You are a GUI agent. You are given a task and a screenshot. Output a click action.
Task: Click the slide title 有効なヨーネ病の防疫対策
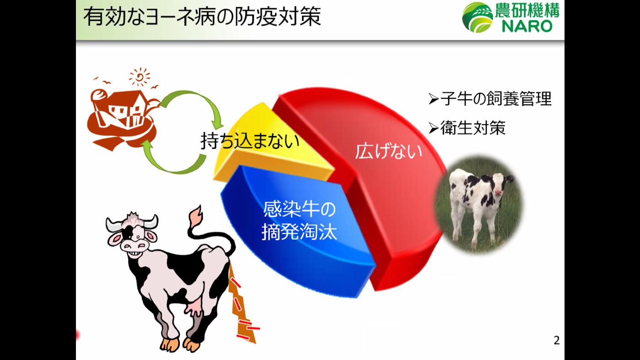click(202, 17)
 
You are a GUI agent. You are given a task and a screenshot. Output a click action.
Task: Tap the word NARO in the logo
click(527, 26)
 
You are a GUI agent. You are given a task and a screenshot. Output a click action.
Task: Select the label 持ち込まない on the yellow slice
click(250, 141)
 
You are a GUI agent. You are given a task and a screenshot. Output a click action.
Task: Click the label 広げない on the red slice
click(388, 151)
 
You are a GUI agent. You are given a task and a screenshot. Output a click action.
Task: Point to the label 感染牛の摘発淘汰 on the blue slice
click(299, 221)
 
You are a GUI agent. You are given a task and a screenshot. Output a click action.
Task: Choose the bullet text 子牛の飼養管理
click(495, 99)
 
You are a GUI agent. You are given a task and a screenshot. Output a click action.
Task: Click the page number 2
click(556, 340)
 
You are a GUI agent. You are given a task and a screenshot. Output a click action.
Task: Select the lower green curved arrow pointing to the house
click(172, 158)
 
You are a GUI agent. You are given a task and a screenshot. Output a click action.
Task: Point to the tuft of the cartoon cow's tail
click(196, 215)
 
